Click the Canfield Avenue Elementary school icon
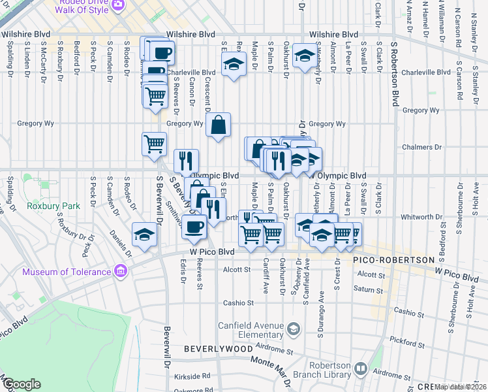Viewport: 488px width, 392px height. click(x=294, y=327)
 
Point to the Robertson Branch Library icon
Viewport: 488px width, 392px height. click(x=361, y=370)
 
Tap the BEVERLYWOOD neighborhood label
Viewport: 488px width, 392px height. click(x=218, y=350)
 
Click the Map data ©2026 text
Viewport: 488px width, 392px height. click(x=460, y=386)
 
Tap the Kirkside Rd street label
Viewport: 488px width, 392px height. click(x=196, y=376)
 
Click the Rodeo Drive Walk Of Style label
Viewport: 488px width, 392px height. click(x=81, y=7)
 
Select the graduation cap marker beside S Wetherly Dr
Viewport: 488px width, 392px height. click(x=304, y=56)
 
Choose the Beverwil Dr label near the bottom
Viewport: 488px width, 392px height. click(x=167, y=342)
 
